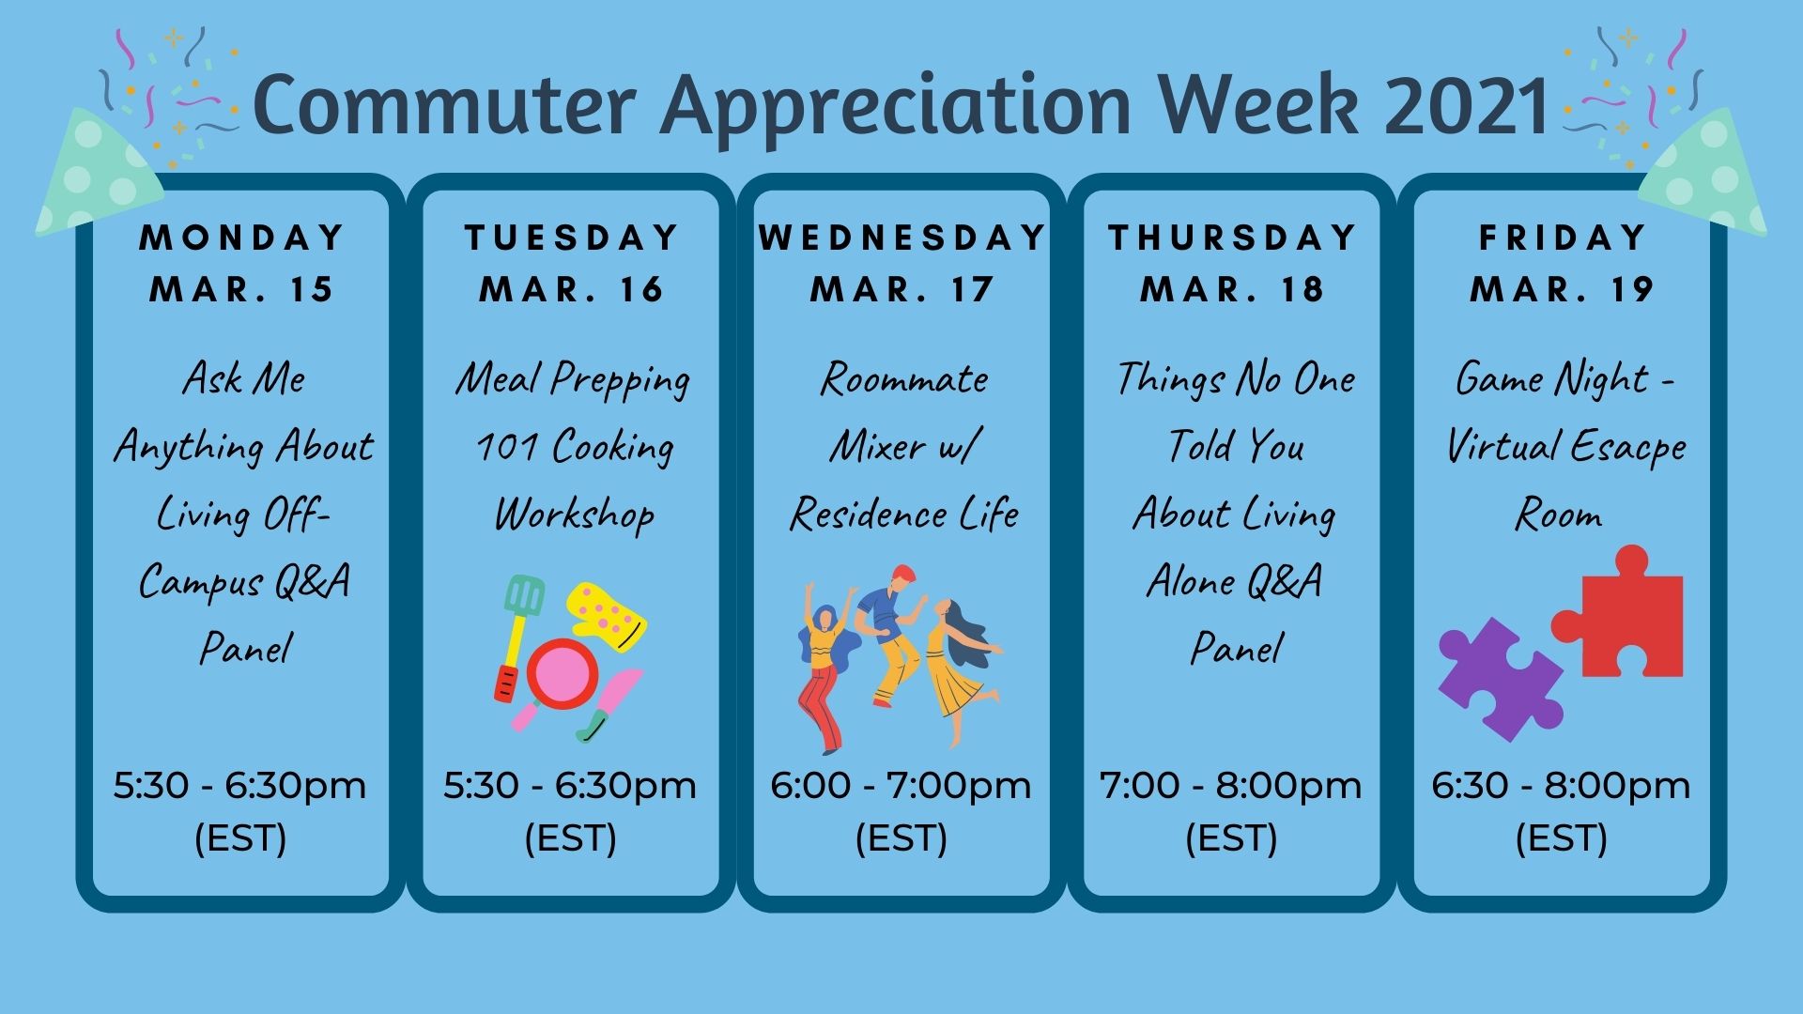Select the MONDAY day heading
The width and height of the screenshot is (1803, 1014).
(242, 238)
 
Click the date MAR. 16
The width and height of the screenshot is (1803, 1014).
(572, 289)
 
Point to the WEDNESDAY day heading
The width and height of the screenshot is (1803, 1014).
(902, 238)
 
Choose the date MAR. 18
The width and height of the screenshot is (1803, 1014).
(1233, 289)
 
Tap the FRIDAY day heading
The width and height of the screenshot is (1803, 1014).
(1563, 238)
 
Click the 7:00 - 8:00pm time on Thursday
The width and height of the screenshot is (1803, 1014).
(1231, 786)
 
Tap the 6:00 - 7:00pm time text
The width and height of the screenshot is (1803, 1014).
(901, 786)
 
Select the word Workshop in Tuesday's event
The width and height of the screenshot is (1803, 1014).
(575, 515)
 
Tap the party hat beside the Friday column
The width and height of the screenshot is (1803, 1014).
(1704, 174)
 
